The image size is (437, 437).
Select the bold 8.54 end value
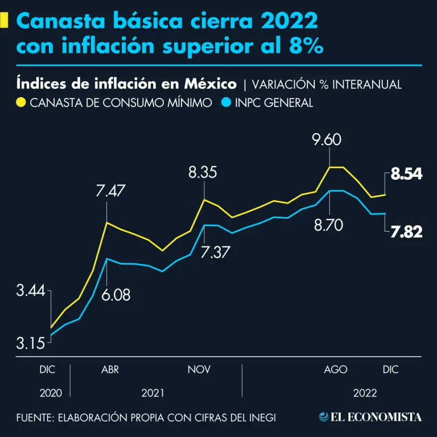[406, 175]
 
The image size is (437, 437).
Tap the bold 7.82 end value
[406, 231]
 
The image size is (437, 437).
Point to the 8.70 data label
[328, 225]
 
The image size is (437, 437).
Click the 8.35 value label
[203, 172]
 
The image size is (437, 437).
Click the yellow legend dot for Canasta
[21, 103]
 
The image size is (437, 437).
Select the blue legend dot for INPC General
[226, 103]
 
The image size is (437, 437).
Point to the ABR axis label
[110, 370]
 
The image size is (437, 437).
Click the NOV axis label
[199, 370]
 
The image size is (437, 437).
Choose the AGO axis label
[336, 370]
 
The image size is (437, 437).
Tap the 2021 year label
[153, 393]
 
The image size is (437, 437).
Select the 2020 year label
[50, 393]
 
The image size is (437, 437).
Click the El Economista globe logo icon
[324, 417]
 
